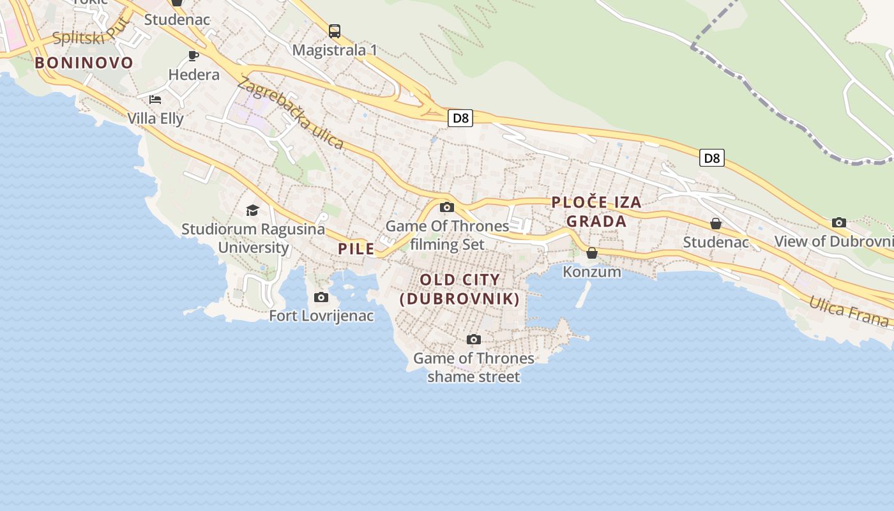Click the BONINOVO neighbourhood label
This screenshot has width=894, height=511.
point(84,63)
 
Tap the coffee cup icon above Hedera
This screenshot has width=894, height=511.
point(193,56)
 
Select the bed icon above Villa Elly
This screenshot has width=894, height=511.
point(155,100)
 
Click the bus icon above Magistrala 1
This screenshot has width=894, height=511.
point(335,31)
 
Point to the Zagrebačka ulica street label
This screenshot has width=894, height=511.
point(291,113)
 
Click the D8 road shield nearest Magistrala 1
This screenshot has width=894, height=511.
point(460,118)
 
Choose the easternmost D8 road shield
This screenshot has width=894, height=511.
point(711,158)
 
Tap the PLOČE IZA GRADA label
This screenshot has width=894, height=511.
point(596,211)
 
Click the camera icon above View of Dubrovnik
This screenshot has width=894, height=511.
point(839,223)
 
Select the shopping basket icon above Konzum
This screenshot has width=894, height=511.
point(592,253)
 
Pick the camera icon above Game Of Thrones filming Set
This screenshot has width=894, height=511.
point(447,207)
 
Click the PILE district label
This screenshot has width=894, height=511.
point(356,249)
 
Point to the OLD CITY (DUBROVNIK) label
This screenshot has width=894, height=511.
point(460,289)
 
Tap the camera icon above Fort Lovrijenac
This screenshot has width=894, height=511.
point(321,297)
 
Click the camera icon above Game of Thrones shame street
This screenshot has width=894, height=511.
point(473,339)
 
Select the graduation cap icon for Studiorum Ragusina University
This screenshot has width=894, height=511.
point(253,210)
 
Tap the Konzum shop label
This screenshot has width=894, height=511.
point(592,271)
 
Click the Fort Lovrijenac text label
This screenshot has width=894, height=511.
point(321,316)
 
